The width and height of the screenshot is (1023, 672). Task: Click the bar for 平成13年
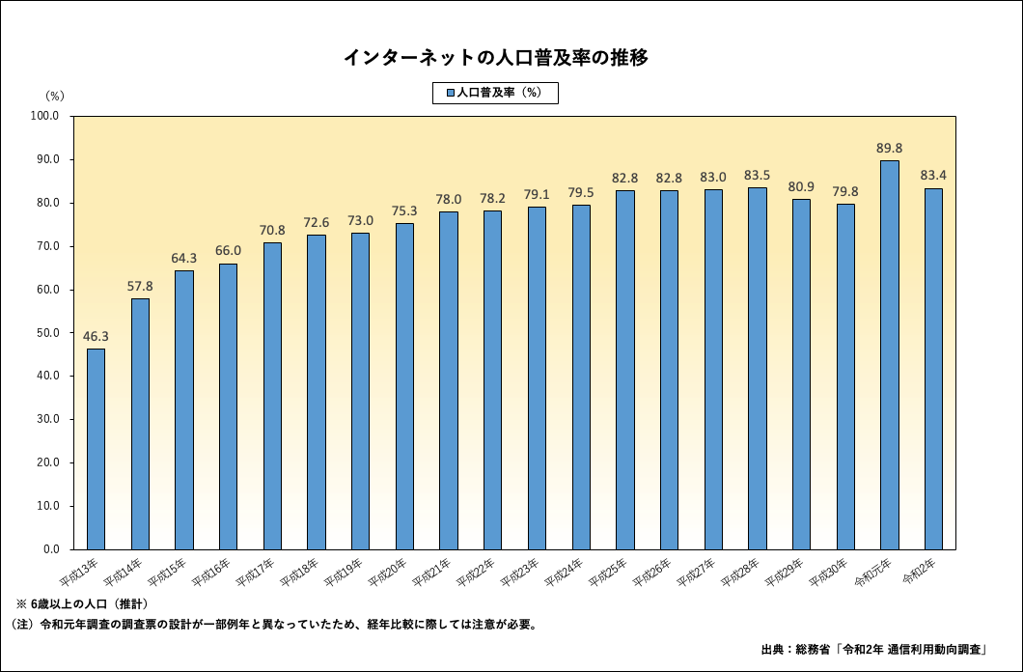[x=96, y=449]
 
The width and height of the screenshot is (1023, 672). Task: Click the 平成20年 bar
[x=404, y=386]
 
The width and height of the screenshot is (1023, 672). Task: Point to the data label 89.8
[x=889, y=148]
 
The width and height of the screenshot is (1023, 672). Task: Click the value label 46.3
[x=96, y=336]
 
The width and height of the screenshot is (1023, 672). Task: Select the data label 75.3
[x=404, y=210]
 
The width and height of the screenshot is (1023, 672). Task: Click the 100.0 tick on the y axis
[x=45, y=116]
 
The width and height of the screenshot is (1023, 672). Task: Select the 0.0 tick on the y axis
[x=51, y=549]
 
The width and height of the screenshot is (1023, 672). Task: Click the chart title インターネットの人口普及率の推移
[x=495, y=57]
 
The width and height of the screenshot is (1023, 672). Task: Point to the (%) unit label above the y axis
[x=55, y=95]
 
